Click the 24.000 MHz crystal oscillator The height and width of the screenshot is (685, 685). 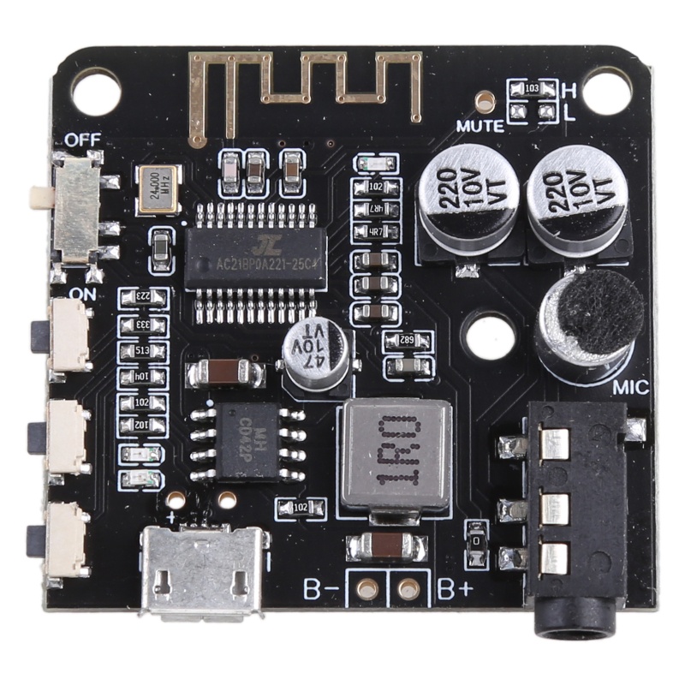158,188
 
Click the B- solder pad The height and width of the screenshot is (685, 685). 368,588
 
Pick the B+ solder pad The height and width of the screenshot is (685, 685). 409,588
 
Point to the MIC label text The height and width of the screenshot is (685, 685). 631,387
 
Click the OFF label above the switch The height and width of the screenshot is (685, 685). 82,140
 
